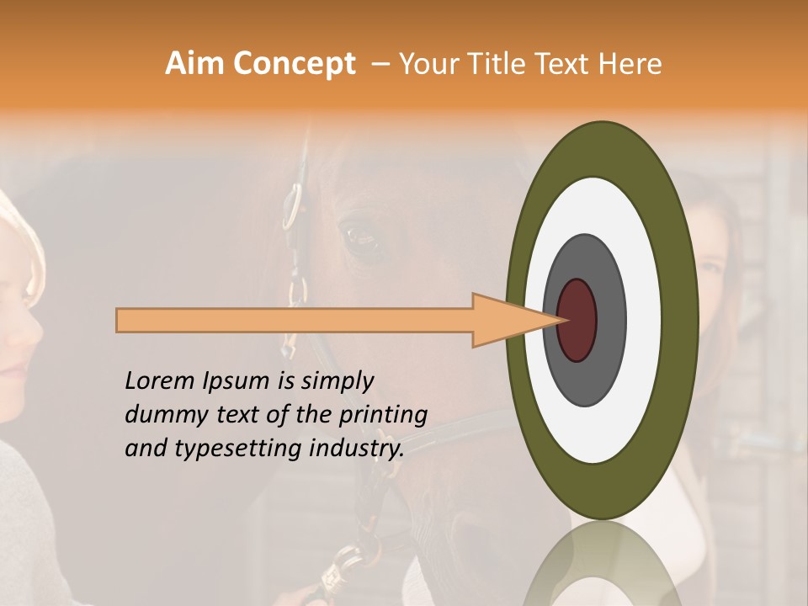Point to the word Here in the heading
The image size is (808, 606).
(x=630, y=64)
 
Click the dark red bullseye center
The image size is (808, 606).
(x=577, y=320)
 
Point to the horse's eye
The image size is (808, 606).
(x=363, y=239)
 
